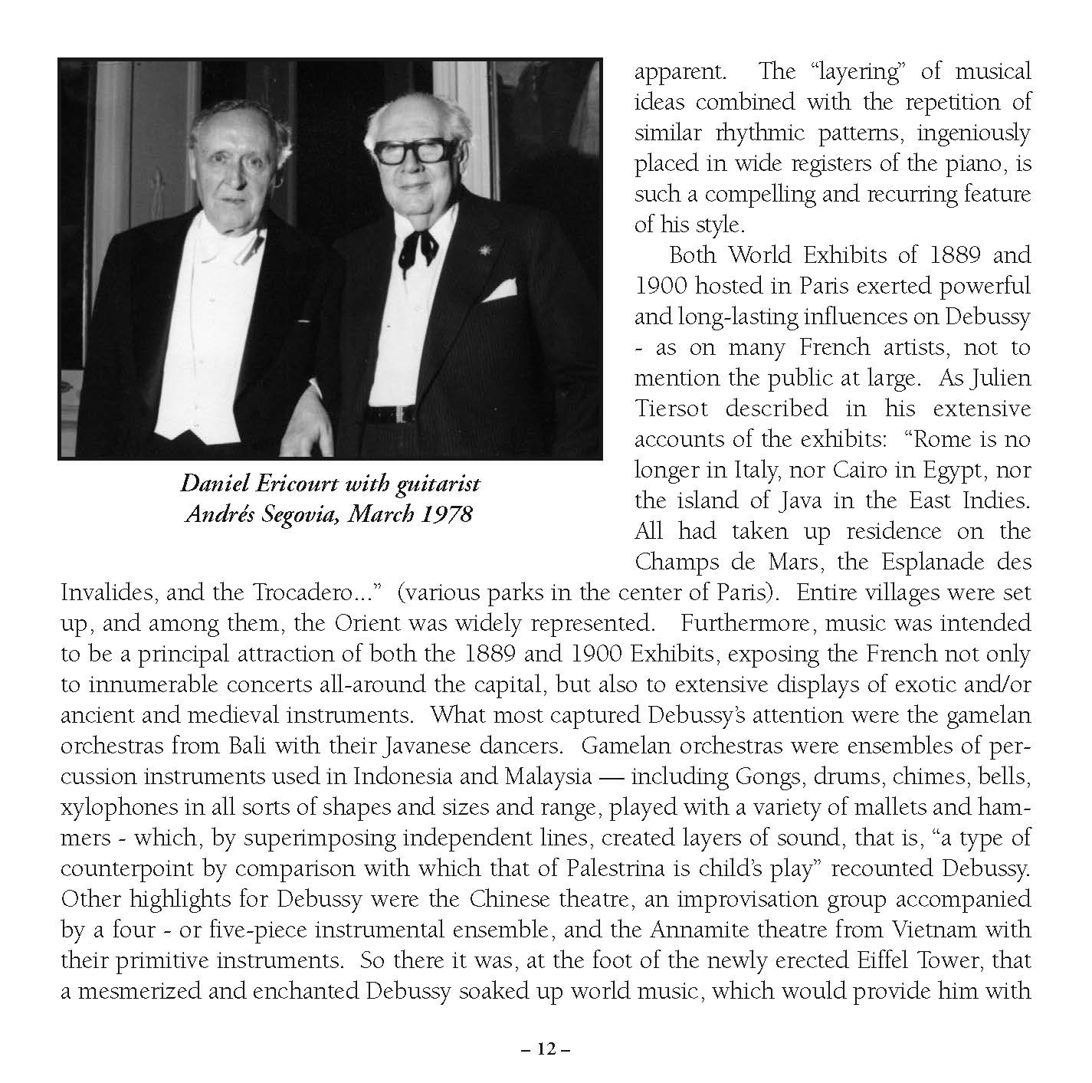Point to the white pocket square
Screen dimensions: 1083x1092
tap(502, 289)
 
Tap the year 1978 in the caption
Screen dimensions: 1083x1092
tap(448, 514)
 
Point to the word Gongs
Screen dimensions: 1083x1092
tap(773, 776)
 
